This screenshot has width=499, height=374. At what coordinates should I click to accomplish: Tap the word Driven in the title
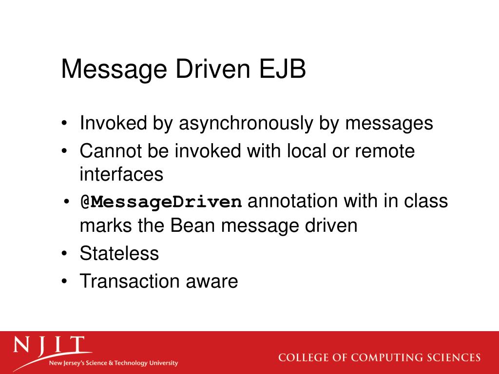pyautogui.click(x=210, y=70)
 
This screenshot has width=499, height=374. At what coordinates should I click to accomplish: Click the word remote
pyautogui.click(x=385, y=151)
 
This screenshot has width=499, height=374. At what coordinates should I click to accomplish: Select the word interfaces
pyautogui.click(x=121, y=174)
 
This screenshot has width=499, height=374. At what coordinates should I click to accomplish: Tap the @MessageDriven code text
pyautogui.click(x=161, y=202)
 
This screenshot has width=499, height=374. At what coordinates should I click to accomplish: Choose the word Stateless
pyautogui.click(x=119, y=253)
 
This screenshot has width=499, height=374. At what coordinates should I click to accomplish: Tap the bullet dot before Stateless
pyautogui.click(x=65, y=254)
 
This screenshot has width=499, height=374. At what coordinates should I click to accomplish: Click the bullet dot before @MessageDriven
pyautogui.click(x=65, y=202)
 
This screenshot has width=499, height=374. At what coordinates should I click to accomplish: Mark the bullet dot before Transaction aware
pyautogui.click(x=65, y=281)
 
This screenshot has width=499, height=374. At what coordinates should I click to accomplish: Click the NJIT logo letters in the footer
pyautogui.click(x=49, y=346)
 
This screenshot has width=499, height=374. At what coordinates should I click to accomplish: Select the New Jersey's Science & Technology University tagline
pyautogui.click(x=113, y=363)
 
